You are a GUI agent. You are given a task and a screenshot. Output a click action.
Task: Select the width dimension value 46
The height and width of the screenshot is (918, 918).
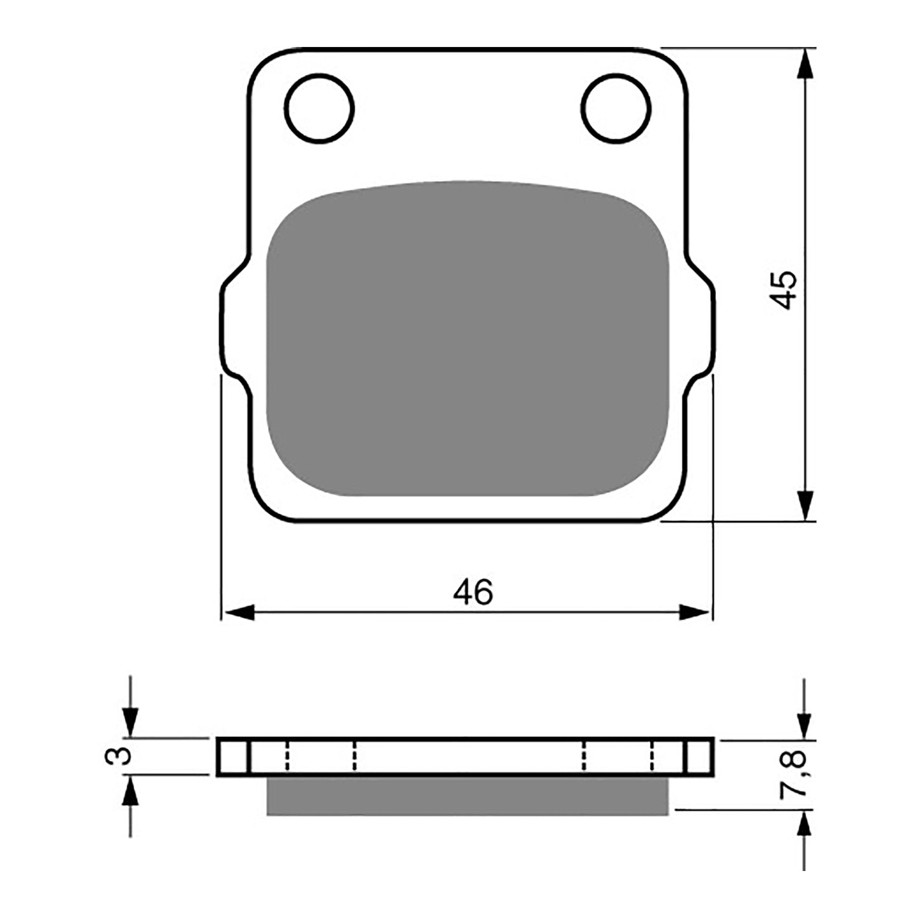click(x=473, y=593)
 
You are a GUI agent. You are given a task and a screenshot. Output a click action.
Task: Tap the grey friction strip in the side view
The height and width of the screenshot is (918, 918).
click(x=467, y=795)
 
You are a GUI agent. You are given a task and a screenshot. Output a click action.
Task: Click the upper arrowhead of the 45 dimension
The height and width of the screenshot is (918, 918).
click(x=805, y=64)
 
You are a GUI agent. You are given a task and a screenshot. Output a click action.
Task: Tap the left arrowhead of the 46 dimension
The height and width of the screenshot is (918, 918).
click(x=239, y=612)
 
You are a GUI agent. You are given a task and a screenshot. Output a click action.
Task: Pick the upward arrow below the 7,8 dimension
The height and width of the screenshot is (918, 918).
click(x=805, y=825)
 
